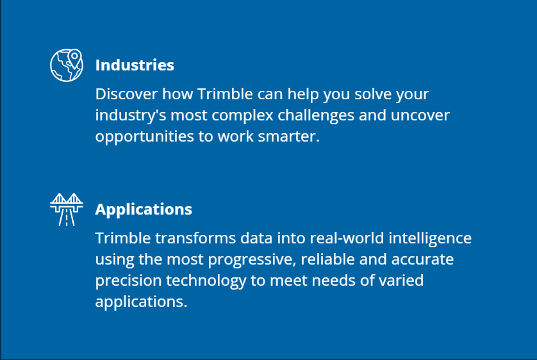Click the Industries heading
coord(135,65)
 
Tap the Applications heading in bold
coord(144,209)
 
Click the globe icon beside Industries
coord(67,65)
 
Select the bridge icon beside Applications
coord(67,209)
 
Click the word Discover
coord(126,94)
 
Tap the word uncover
coord(420,116)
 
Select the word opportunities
coord(145,137)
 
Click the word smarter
coord(289,137)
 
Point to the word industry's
coord(131,116)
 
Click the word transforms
coord(195,238)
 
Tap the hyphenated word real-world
coord(347,238)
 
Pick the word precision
coord(128,281)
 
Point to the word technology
coord(206,281)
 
